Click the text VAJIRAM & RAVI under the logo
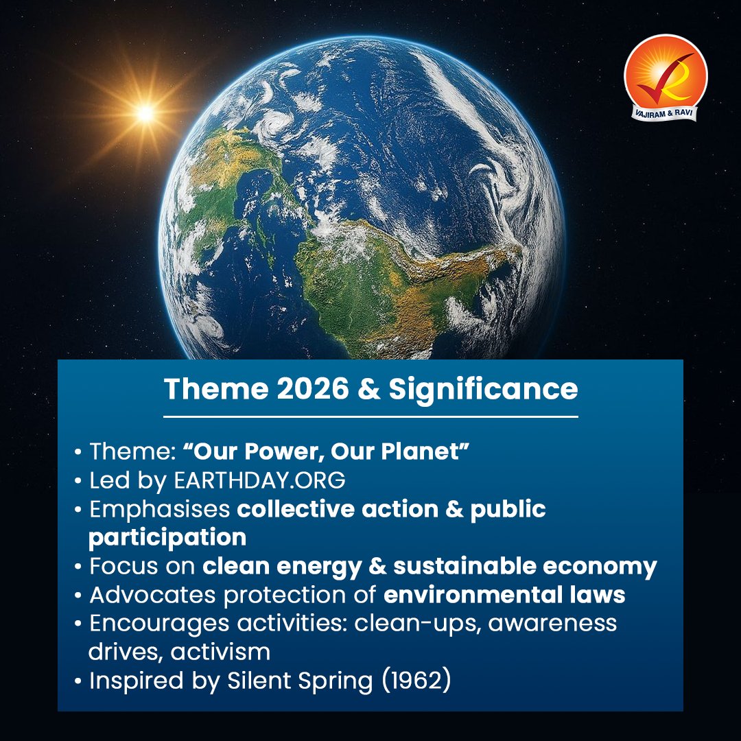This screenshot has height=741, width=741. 666,112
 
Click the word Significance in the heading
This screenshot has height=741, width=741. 483,390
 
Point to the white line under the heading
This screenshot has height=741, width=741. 370,416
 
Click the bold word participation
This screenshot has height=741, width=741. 167,537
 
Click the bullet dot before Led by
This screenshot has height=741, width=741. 80,482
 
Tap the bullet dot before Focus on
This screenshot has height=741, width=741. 80,567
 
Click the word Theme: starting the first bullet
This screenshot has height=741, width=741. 130,452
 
